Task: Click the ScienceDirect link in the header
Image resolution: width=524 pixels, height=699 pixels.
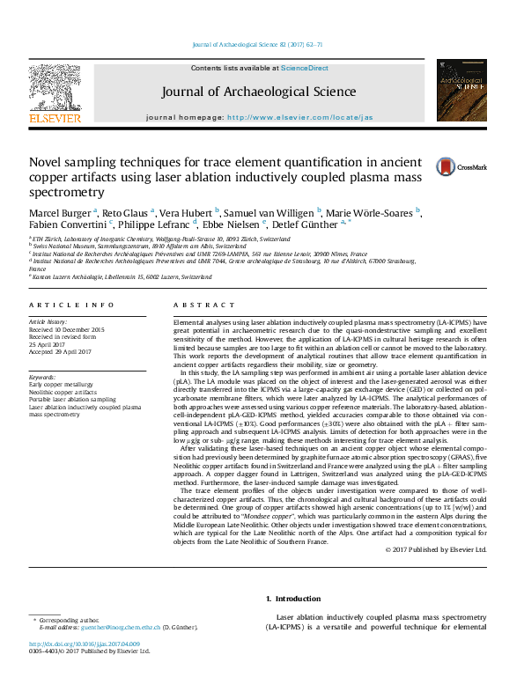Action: point(306,69)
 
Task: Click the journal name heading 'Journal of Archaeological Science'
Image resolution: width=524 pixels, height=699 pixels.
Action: point(258,92)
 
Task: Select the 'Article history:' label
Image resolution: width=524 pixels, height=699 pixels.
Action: point(49,323)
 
